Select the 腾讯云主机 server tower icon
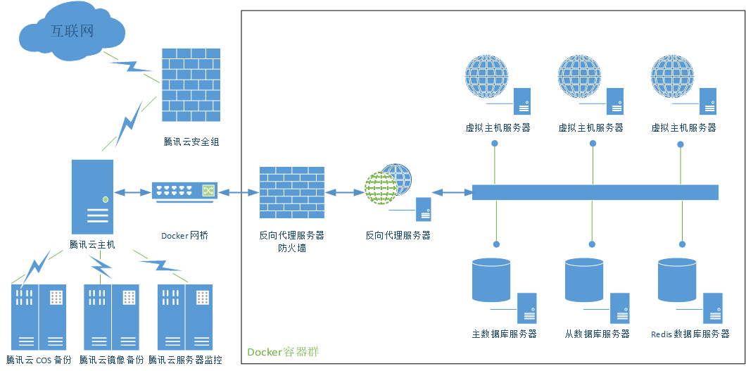click(92, 196)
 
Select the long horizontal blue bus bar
click(595, 192)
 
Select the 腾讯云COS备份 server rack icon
click(39, 317)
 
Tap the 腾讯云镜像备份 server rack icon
click(111, 317)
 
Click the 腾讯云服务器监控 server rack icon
click(185, 317)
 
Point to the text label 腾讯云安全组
click(191, 142)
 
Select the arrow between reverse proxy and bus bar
click(451, 192)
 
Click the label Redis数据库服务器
click(690, 334)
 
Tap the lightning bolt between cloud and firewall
click(132, 67)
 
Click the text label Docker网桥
click(184, 235)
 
